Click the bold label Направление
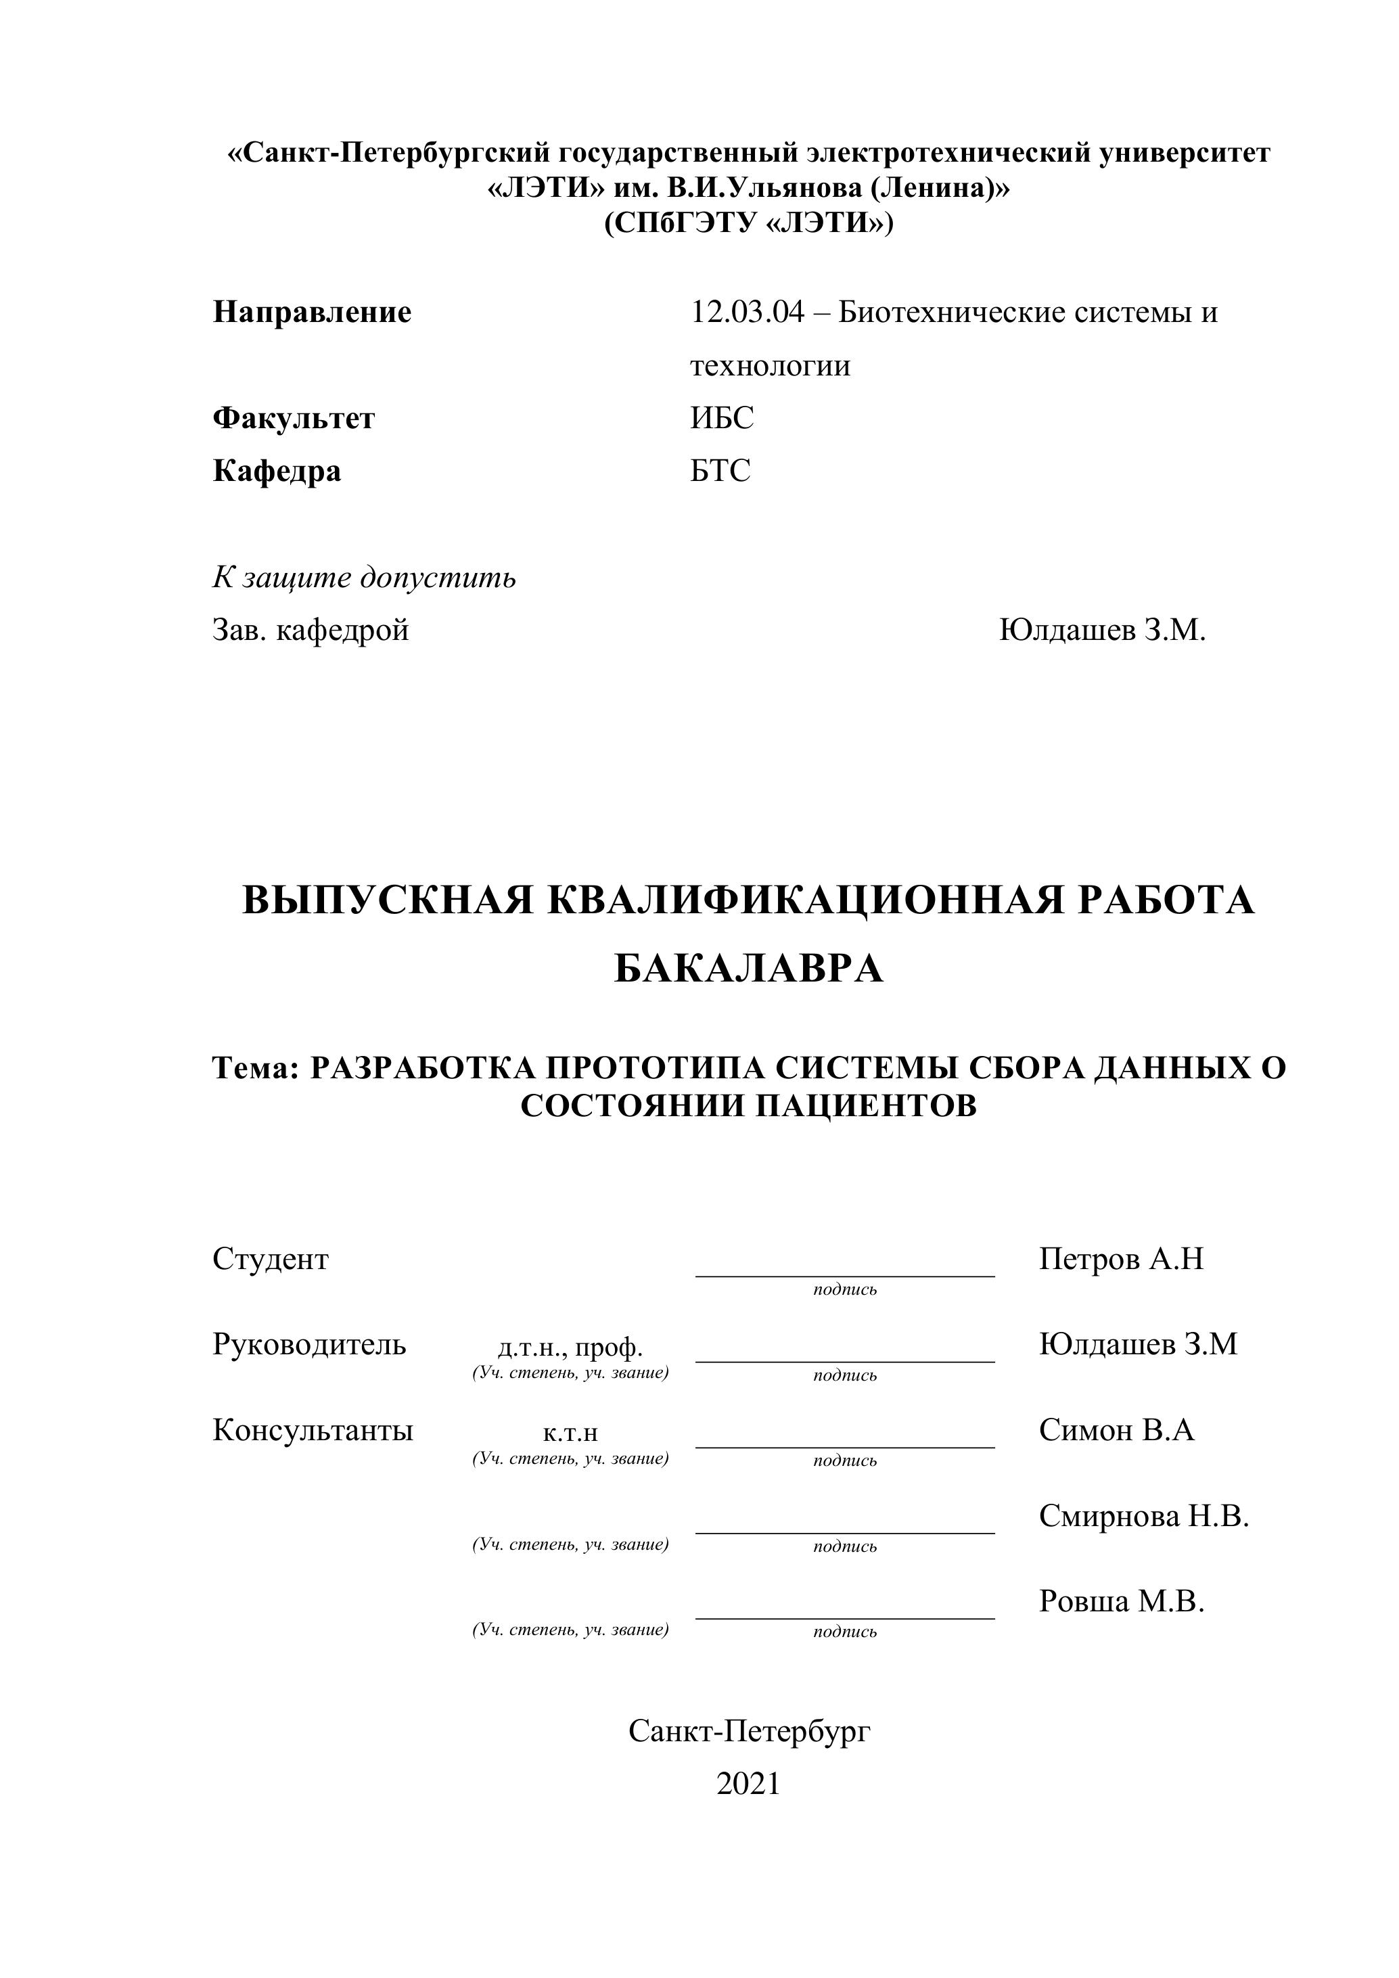[x=312, y=312]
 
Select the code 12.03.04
[x=746, y=312]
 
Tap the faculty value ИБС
[x=721, y=418]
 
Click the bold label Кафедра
[x=277, y=471]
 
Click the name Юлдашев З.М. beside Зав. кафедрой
[x=1102, y=630]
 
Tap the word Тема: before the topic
[x=255, y=1068]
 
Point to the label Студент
[x=271, y=1260]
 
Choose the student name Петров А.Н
[x=1121, y=1260]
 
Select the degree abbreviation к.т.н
[x=570, y=1433]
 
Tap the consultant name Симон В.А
[x=1116, y=1430]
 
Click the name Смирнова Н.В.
[x=1143, y=1516]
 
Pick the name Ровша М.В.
[x=1121, y=1601]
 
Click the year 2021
[x=748, y=1784]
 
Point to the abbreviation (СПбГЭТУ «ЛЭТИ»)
[x=749, y=223]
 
